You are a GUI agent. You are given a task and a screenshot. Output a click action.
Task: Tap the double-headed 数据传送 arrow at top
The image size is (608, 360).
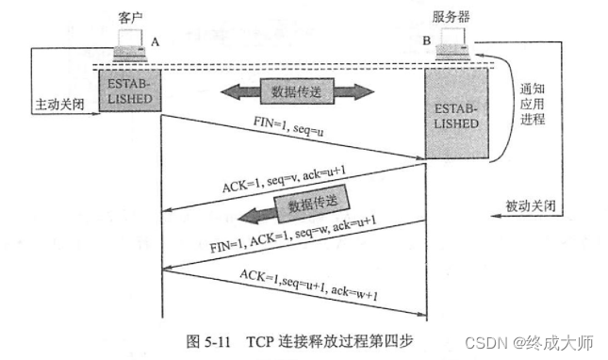point(296,93)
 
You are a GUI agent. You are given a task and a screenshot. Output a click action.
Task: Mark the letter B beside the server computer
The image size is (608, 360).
point(428,41)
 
